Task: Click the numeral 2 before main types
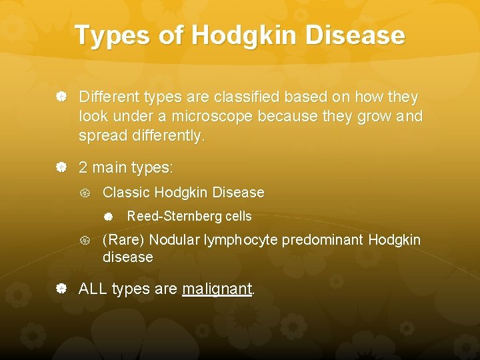pos(83,167)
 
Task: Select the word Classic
pos(127,193)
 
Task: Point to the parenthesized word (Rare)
pos(124,240)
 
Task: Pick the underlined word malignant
pos(217,289)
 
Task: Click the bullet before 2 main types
pos(61,167)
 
